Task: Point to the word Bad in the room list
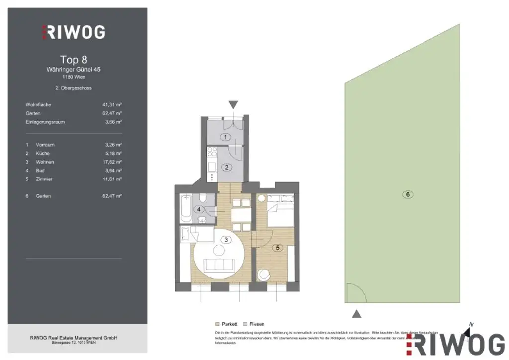coord(40,171)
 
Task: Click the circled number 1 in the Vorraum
coord(225,137)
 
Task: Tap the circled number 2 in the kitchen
coord(226,167)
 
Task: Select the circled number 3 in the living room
coord(226,240)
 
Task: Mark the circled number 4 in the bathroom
coord(199,209)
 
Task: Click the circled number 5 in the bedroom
coord(278,247)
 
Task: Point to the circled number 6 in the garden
coord(408,194)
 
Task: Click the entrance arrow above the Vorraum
coord(233,105)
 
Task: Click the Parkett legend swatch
coord(217,324)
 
